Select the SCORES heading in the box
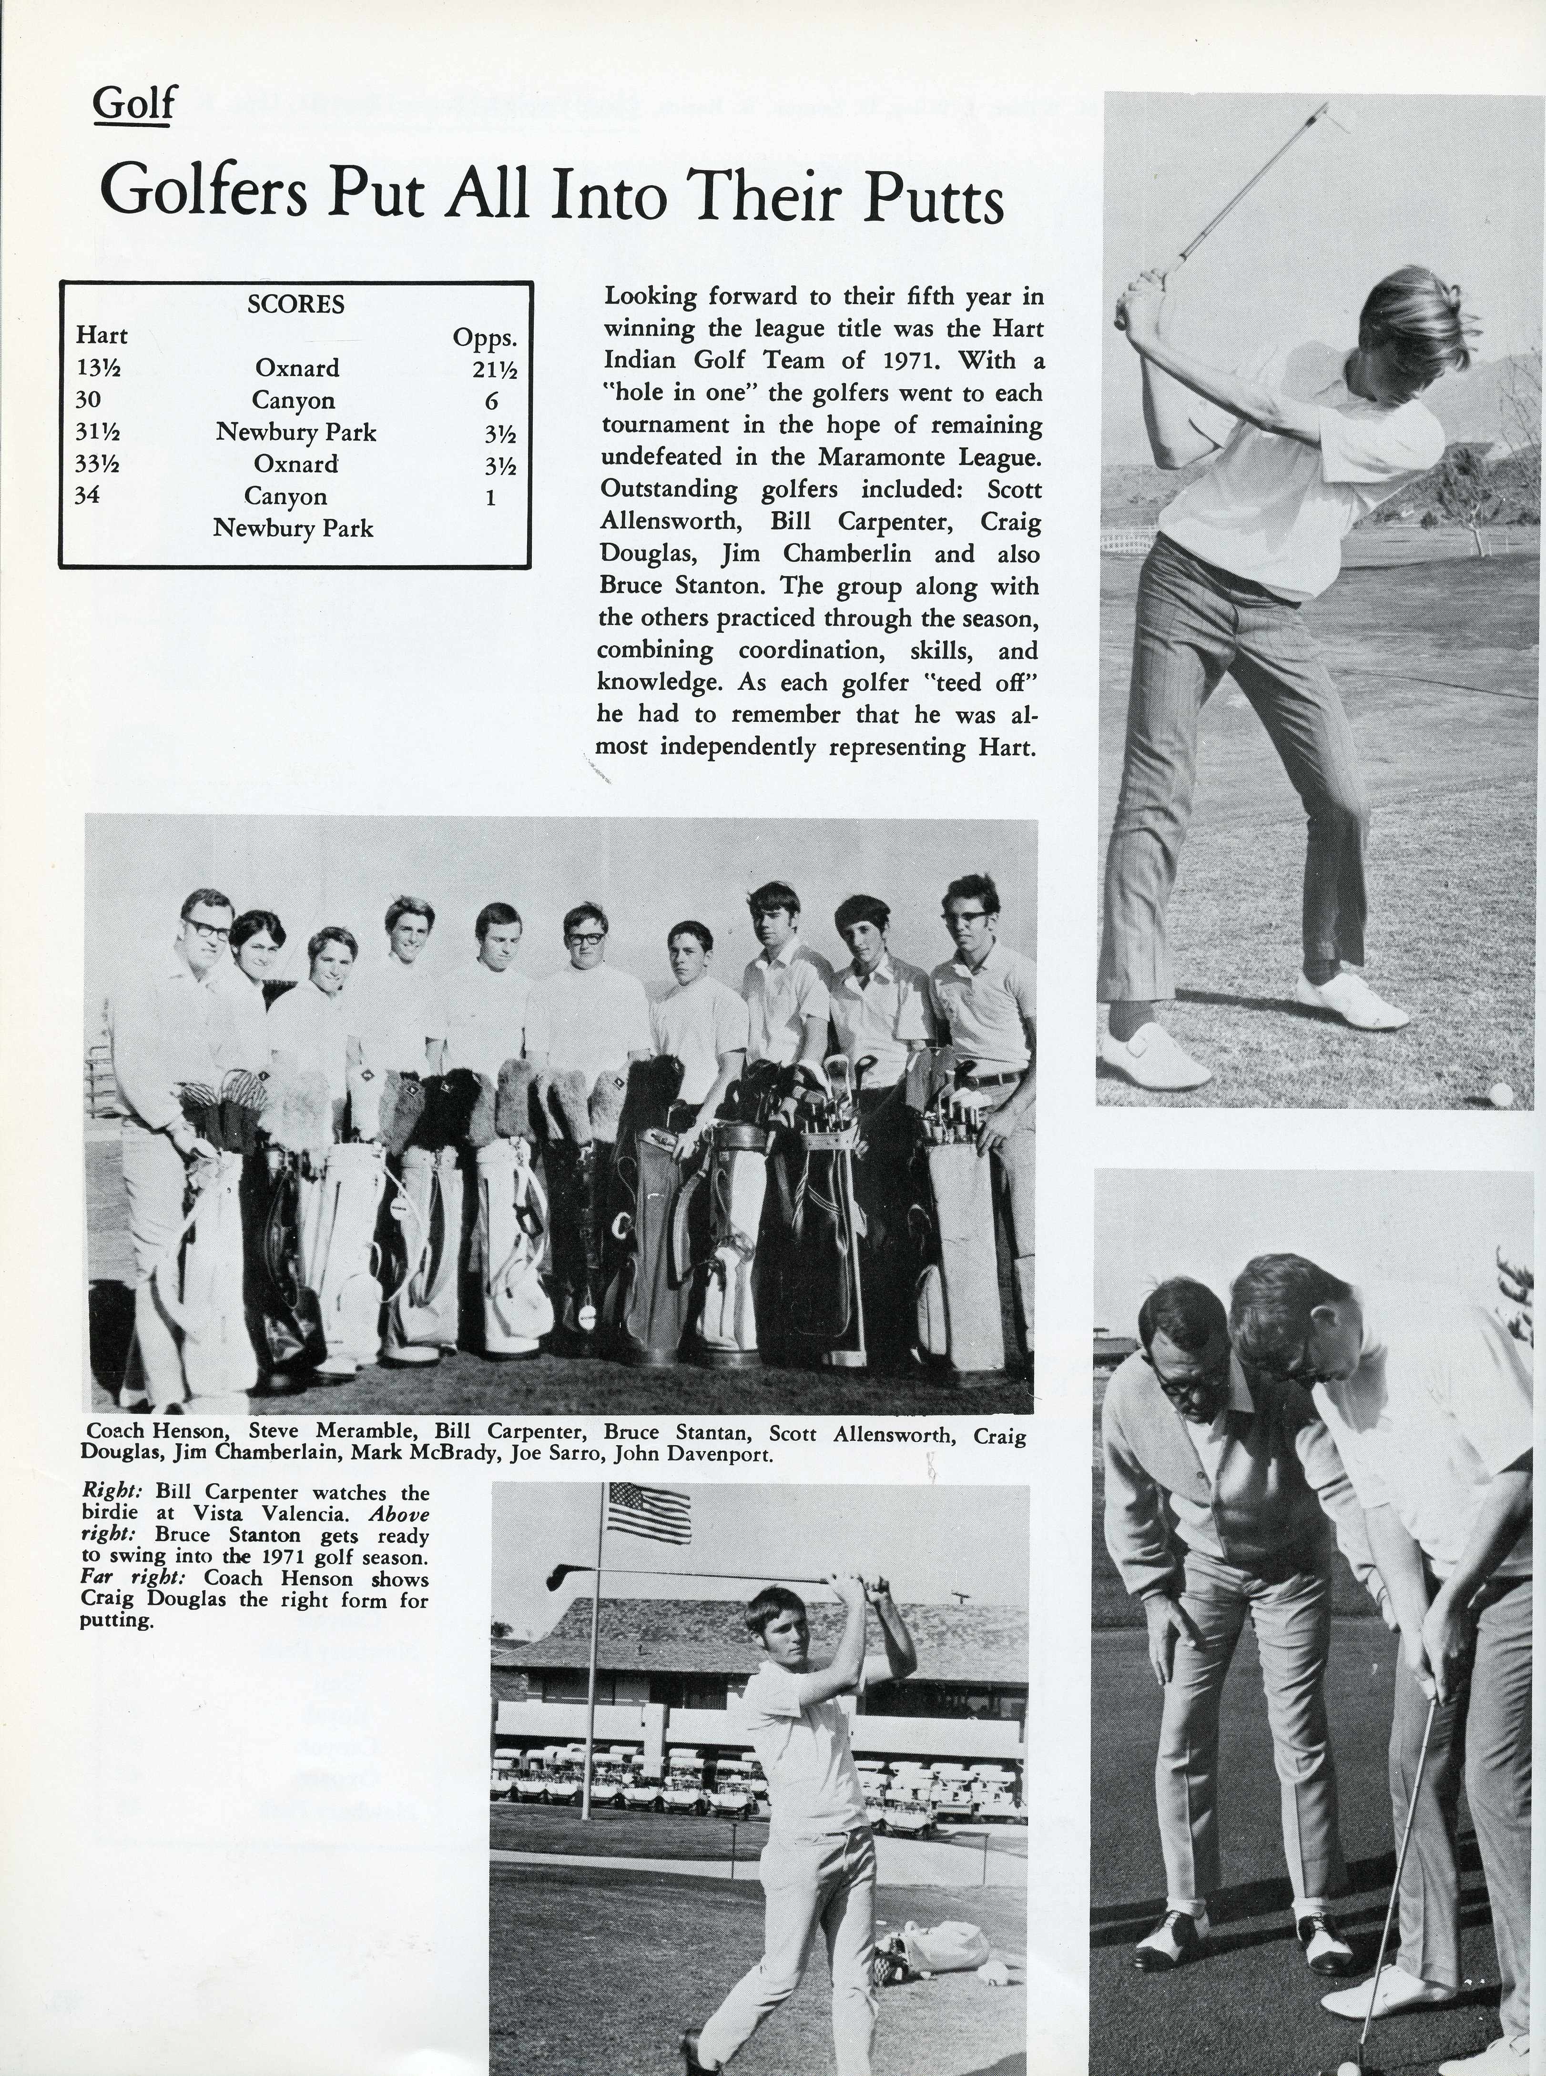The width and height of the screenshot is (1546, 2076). (296, 304)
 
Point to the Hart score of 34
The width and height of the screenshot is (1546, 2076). (87, 495)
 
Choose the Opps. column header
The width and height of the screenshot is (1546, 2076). (485, 337)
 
